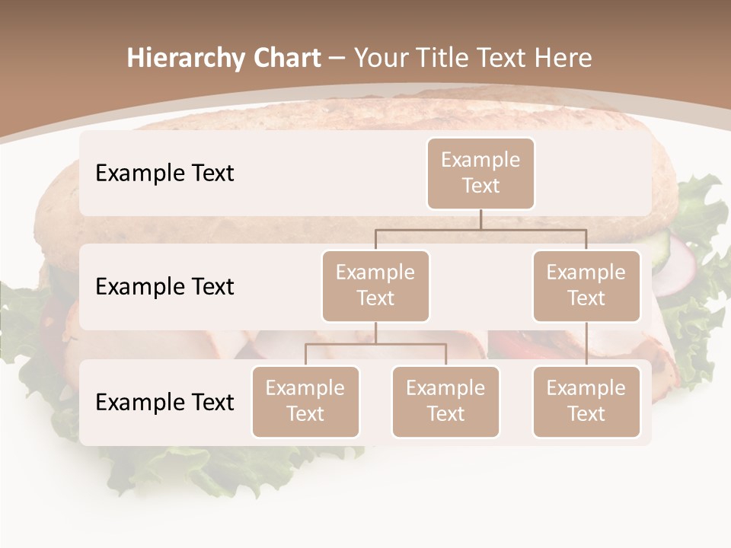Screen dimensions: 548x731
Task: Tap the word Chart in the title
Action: (x=283, y=58)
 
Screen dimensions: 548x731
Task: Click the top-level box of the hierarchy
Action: (x=480, y=173)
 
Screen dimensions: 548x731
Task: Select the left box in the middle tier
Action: (x=375, y=285)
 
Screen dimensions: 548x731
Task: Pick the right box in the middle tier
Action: (x=586, y=285)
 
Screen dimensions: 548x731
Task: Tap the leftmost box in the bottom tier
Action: (x=305, y=401)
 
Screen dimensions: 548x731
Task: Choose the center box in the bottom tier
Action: (x=445, y=401)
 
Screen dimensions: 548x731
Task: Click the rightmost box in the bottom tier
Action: (x=586, y=401)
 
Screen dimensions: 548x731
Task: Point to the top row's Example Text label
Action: (x=164, y=173)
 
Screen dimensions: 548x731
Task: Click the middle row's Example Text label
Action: (x=164, y=286)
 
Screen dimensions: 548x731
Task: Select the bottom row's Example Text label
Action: (x=164, y=402)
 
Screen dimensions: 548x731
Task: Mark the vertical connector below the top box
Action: (x=480, y=219)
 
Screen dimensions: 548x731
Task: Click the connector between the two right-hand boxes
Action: (x=586, y=344)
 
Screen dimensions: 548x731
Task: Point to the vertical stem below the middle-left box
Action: (x=375, y=333)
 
